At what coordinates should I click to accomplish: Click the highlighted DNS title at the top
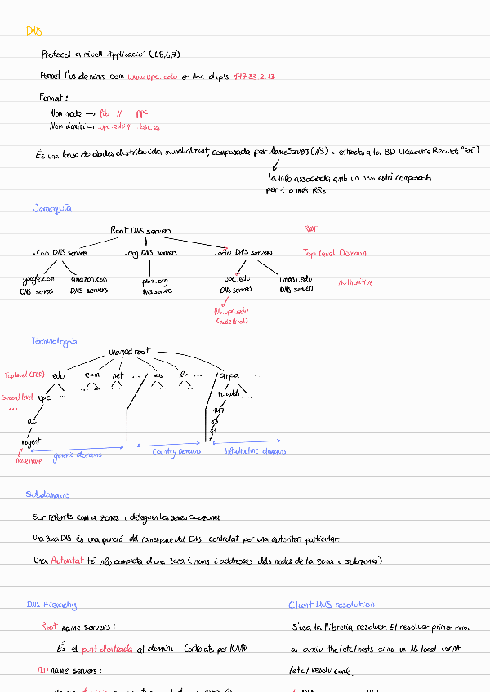point(33,32)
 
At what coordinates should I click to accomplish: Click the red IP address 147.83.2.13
point(254,76)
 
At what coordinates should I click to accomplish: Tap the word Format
point(54,97)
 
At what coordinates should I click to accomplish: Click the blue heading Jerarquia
point(52,208)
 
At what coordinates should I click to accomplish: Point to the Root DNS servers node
point(140,231)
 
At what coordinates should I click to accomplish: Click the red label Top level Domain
point(335,253)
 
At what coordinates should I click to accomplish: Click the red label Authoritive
point(355,282)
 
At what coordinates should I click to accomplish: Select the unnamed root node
point(129,352)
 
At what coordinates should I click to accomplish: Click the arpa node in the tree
point(228,375)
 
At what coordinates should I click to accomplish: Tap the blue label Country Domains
point(177,450)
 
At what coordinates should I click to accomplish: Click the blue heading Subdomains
point(47,495)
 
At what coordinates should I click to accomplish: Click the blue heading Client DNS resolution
point(332,605)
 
